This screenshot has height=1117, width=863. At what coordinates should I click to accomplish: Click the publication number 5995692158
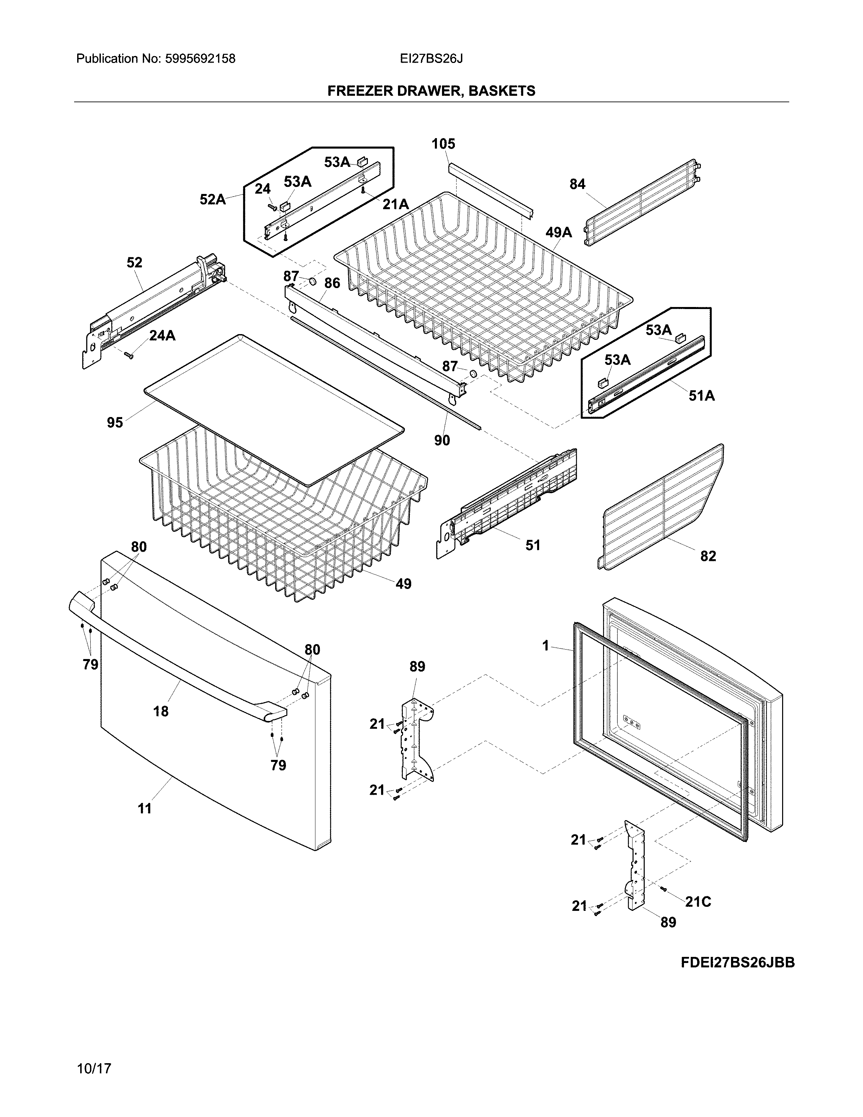[200, 59]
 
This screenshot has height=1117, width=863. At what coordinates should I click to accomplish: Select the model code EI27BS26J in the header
[431, 59]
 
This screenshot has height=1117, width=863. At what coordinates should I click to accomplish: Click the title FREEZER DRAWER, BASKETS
[431, 91]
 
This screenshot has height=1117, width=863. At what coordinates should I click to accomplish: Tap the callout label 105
[443, 144]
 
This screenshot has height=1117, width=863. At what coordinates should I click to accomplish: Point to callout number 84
[577, 184]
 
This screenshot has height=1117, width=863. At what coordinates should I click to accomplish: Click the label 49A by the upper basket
[558, 233]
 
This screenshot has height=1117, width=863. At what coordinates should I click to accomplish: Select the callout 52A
[213, 199]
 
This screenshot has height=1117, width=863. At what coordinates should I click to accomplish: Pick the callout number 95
[115, 422]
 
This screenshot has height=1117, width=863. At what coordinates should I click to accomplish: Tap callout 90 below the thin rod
[442, 440]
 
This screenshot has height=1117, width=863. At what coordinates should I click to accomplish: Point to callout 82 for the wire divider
[708, 556]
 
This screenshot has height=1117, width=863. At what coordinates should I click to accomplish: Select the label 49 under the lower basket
[403, 584]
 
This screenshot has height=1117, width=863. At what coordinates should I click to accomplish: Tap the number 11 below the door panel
[145, 809]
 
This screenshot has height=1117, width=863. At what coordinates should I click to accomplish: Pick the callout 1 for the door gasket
[546, 646]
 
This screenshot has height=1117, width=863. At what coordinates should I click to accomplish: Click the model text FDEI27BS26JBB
[737, 963]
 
